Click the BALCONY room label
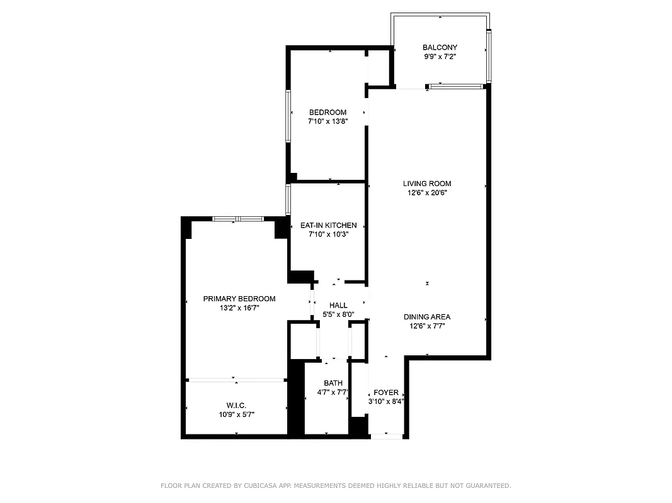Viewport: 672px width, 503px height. tap(440, 47)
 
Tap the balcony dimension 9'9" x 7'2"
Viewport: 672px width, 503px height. tap(440, 57)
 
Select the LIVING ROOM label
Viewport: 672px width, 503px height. tap(427, 184)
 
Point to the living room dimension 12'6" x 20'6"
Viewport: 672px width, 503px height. tap(427, 193)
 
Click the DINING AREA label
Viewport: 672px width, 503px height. tap(427, 317)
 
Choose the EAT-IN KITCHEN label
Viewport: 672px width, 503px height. tap(328, 225)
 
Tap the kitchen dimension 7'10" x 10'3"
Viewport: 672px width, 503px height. tap(328, 235)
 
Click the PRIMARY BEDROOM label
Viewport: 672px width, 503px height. tap(239, 299)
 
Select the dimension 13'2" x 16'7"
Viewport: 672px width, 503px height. tap(239, 308)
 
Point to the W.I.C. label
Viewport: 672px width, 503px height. tap(236, 405)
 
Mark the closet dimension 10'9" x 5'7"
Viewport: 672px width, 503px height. tap(236, 414)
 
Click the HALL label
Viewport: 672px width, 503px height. tap(338, 305)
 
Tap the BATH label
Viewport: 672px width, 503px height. tap(333, 383)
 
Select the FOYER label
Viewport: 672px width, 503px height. tap(386, 392)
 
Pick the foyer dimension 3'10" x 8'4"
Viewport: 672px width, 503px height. tap(386, 401)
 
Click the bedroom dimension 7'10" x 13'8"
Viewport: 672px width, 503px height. tap(327, 121)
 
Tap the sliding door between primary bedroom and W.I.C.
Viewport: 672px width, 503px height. tap(236, 380)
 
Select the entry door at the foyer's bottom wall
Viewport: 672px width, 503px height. tap(386, 436)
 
